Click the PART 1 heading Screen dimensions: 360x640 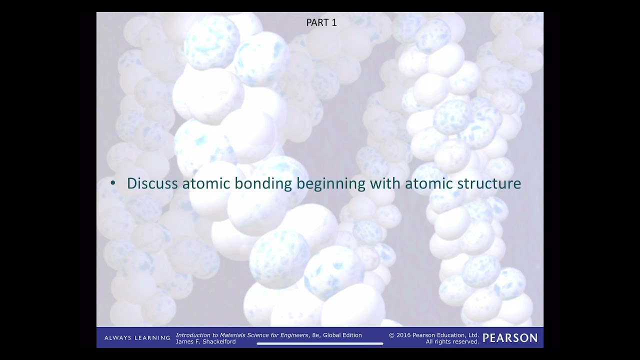click(321, 23)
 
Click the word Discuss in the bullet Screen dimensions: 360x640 click(152, 183)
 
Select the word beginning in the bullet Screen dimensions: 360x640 click(330, 184)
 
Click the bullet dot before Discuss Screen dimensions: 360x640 click(113, 183)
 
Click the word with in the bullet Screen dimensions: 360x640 click(385, 183)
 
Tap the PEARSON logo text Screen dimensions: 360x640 click(510, 338)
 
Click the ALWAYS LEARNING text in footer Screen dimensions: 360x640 click(137, 338)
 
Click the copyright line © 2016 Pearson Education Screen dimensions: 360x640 click(433, 335)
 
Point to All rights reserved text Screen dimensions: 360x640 click(452, 342)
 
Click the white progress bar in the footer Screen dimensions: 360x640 click(320, 343)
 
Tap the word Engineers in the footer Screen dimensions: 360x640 click(292, 335)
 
